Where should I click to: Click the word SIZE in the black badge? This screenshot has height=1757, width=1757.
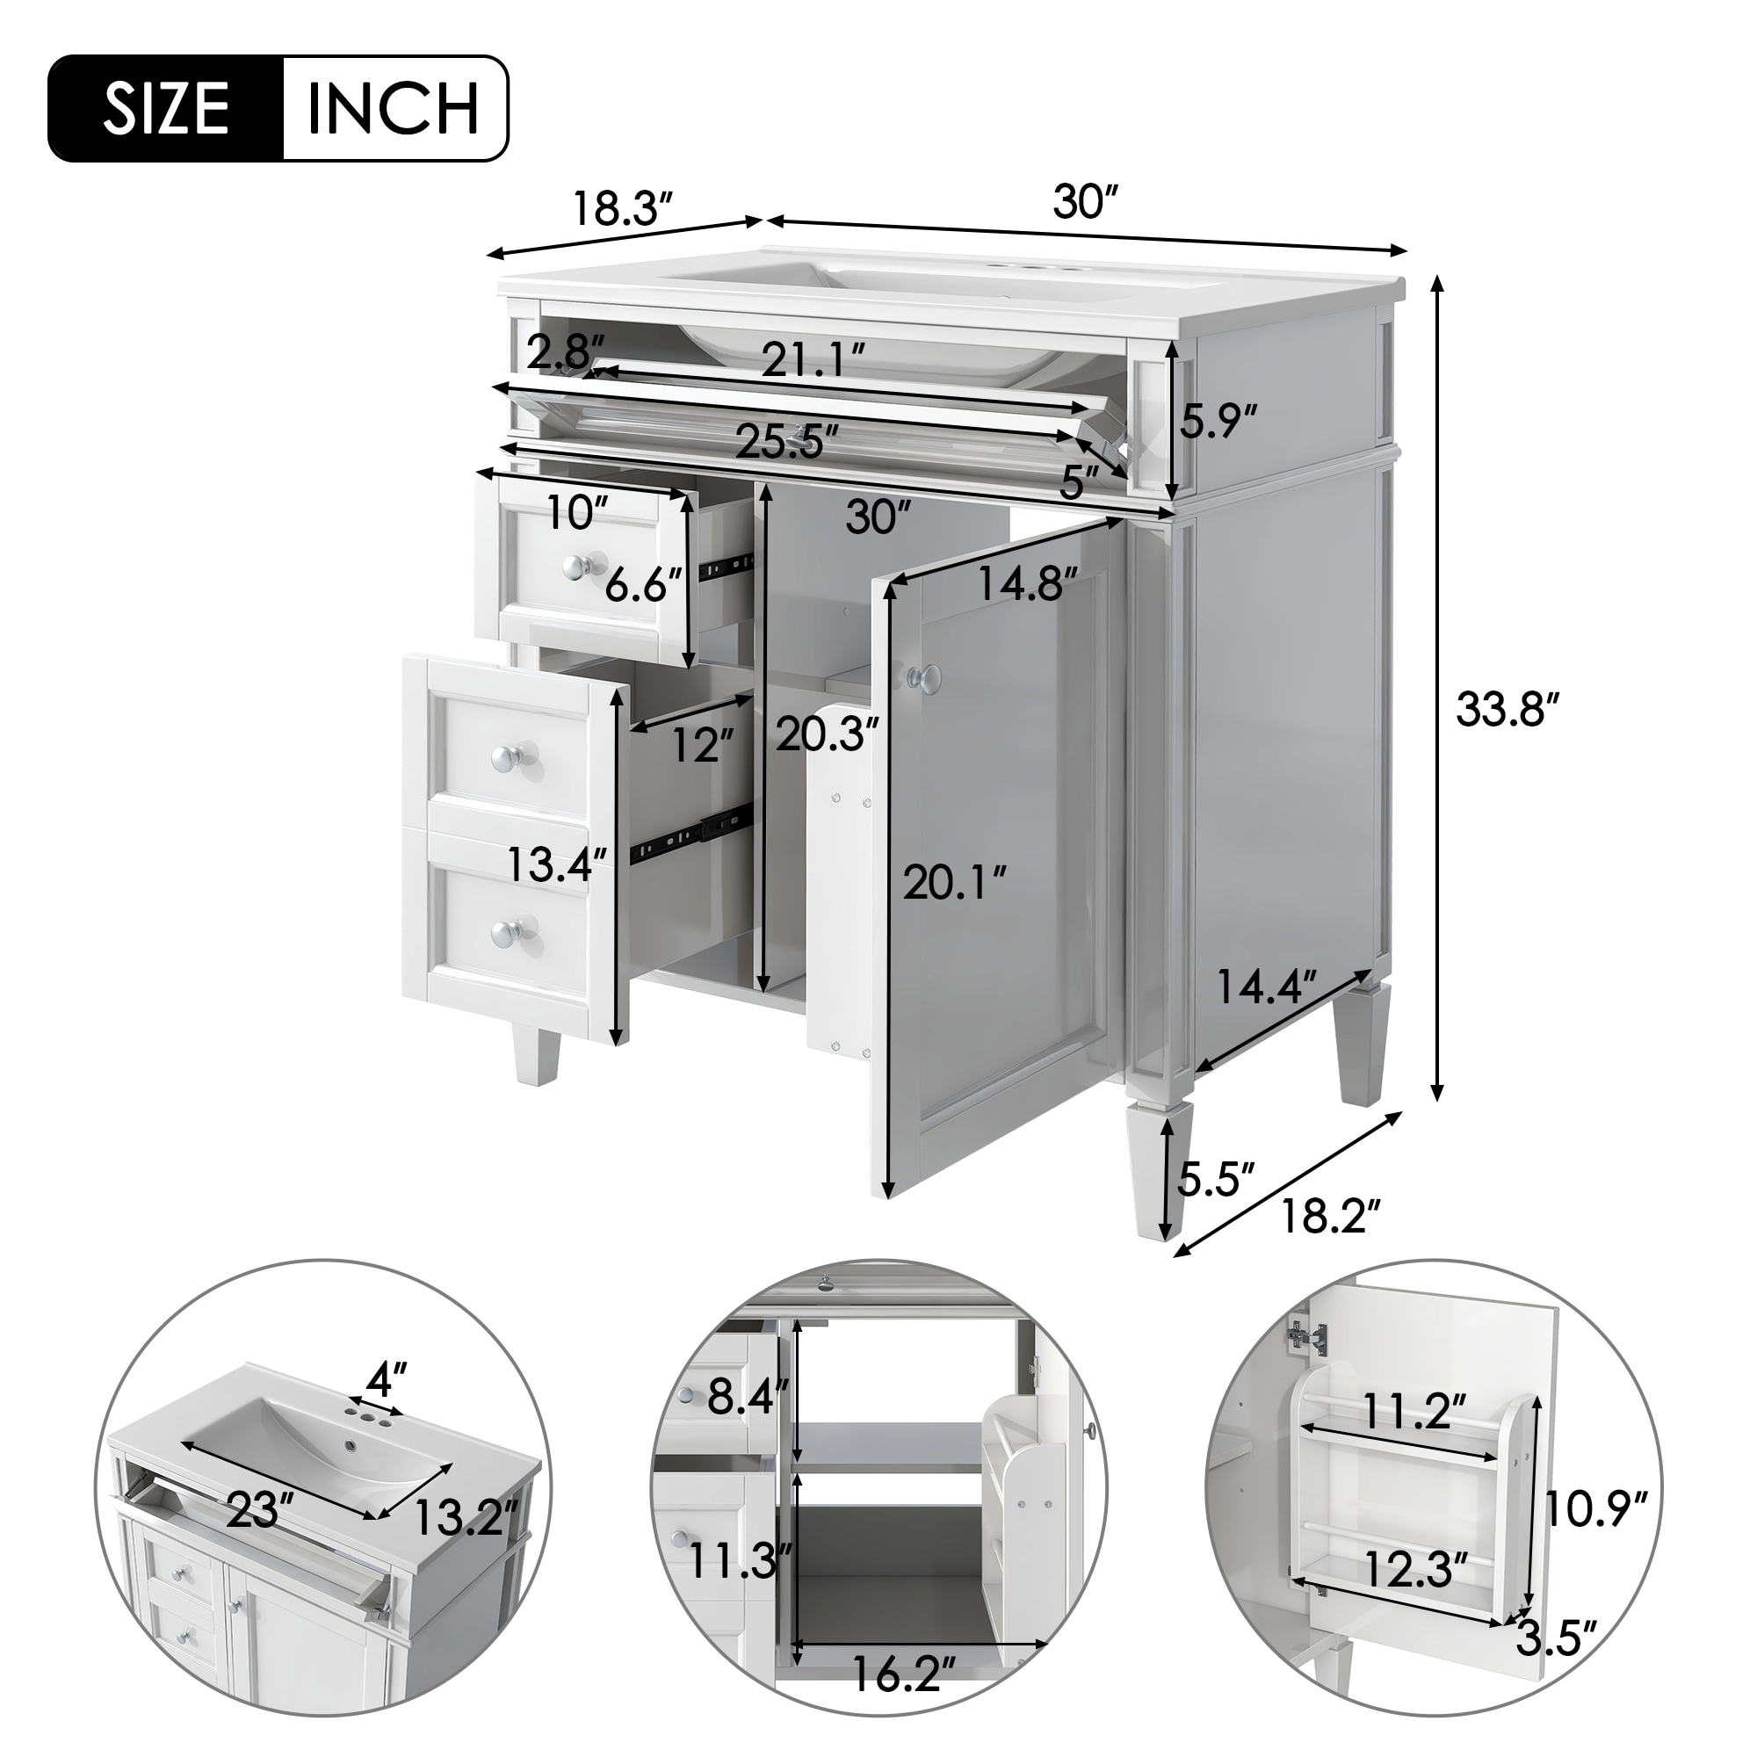165,109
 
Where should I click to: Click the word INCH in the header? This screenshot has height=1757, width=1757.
394,109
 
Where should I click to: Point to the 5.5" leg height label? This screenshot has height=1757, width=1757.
1216,1181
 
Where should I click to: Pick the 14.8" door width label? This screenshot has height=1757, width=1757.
1028,583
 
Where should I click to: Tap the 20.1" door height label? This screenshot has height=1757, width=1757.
955,883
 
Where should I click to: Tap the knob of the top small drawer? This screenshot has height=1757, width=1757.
575,568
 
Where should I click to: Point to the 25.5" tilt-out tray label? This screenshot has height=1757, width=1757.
787,443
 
